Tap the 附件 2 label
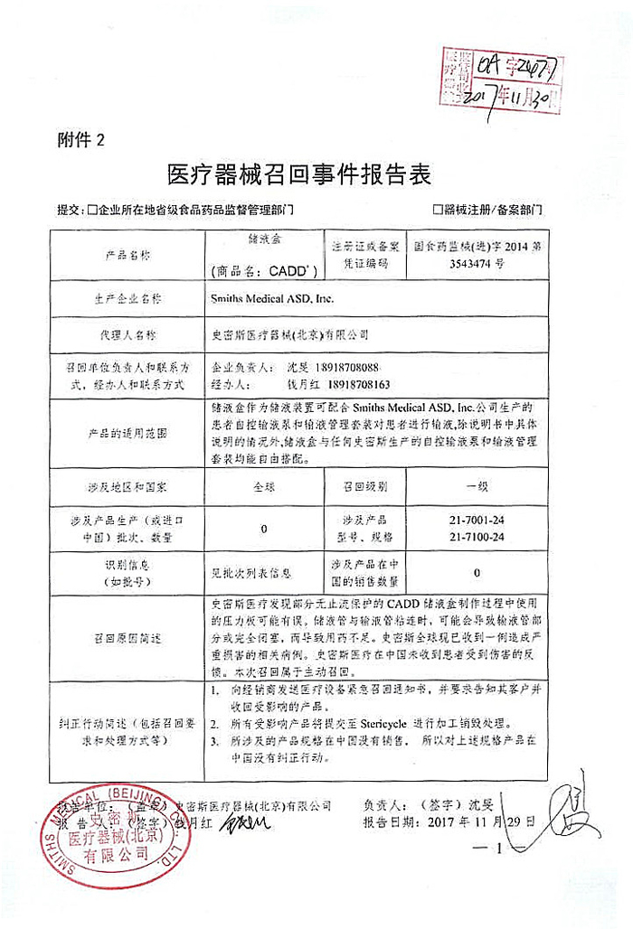tap(80, 139)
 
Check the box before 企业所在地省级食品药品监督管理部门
tap(92, 210)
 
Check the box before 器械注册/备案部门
tap(439, 210)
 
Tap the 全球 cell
tap(262, 485)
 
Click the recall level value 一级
tap(477, 485)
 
